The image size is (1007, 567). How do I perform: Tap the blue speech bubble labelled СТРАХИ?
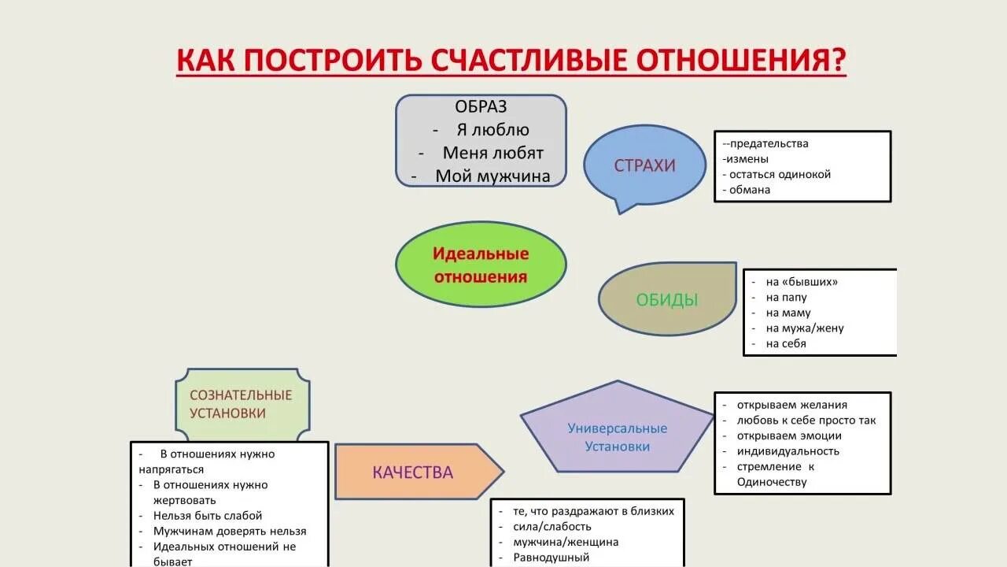[644, 165]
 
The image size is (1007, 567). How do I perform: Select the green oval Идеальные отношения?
[481, 265]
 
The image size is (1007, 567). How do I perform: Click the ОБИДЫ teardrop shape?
[666, 299]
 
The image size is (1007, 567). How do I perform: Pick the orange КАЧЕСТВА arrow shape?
[413, 472]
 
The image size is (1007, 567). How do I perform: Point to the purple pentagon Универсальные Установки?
[617, 436]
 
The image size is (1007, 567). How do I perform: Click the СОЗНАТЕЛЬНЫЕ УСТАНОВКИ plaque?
[241, 404]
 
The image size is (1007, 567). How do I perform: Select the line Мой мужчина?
[492, 176]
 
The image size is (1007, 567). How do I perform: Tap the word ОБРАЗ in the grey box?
[481, 107]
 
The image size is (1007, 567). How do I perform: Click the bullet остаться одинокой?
[780, 174]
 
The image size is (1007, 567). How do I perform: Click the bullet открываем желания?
[791, 405]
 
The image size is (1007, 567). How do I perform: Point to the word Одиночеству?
[772, 482]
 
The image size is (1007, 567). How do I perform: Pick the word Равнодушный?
[551, 558]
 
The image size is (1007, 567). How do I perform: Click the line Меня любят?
[492, 153]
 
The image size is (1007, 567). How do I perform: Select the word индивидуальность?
[788, 451]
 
